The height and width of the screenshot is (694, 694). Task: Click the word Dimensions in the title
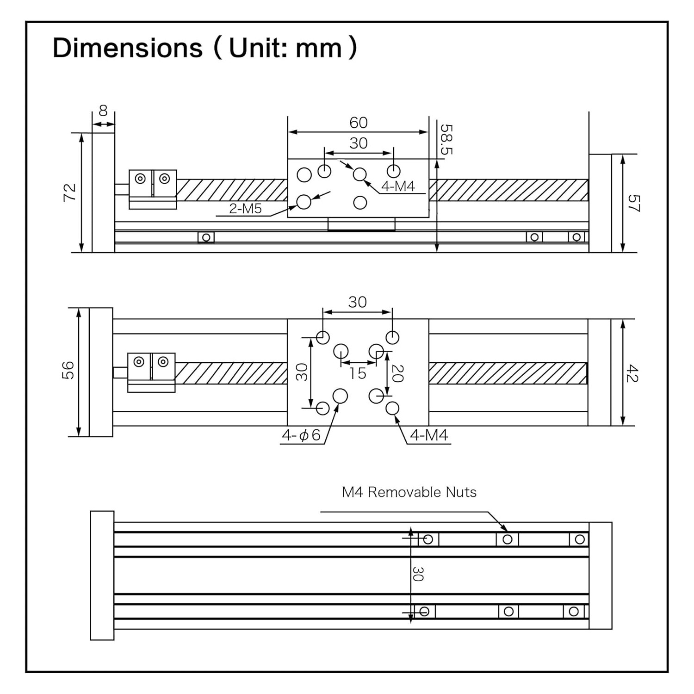[x=127, y=48]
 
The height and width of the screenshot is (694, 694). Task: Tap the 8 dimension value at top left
[x=103, y=111]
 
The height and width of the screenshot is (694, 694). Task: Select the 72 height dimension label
[x=69, y=192]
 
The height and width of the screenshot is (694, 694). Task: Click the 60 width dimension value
[x=358, y=123]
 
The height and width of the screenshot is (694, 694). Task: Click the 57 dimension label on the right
[x=633, y=203]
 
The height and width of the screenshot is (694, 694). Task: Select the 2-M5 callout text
[x=245, y=209]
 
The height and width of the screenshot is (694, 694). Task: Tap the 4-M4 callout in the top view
[x=398, y=186]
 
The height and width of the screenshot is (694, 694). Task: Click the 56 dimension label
[x=68, y=370]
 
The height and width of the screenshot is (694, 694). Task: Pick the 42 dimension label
[x=632, y=373]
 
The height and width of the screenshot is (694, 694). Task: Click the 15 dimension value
[x=357, y=373]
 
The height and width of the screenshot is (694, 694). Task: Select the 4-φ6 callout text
[x=301, y=435]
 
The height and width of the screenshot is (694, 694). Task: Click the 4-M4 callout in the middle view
[x=429, y=435]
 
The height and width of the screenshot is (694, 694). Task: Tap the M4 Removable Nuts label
[x=409, y=492]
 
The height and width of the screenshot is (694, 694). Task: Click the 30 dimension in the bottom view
[x=417, y=574]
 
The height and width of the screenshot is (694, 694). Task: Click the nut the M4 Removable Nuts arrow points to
[x=507, y=539]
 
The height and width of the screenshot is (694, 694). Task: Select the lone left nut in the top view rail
[x=206, y=237]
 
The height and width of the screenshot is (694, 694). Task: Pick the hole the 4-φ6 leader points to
[x=340, y=396]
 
